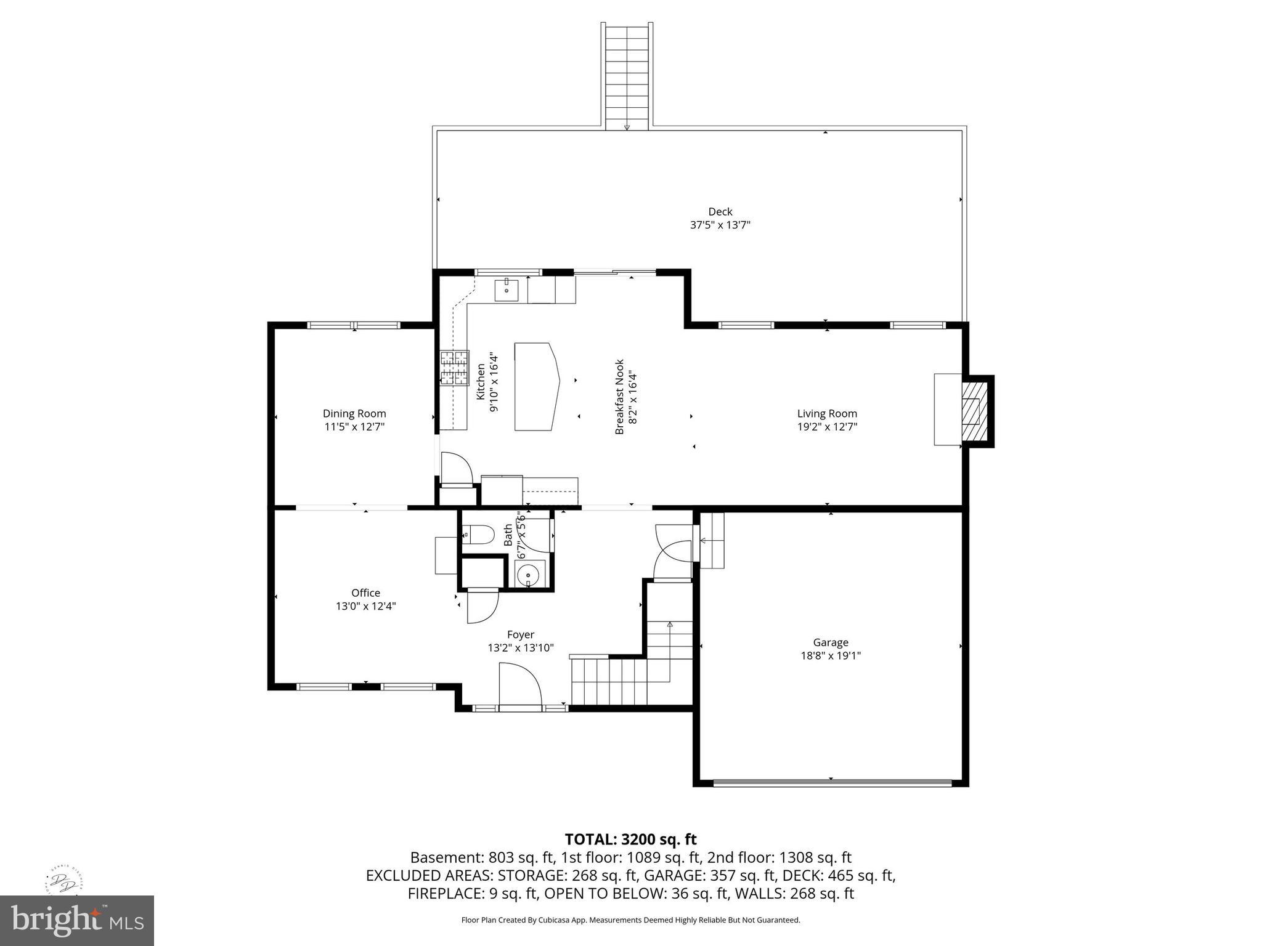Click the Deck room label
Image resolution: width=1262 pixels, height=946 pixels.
720,212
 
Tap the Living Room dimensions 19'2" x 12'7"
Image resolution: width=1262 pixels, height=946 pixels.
827,426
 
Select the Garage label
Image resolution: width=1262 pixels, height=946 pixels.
830,642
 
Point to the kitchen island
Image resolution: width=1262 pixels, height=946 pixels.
536,387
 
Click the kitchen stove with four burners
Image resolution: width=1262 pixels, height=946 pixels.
454,368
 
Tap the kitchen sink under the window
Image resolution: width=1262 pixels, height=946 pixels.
507,289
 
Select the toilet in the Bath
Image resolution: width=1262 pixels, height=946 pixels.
478,535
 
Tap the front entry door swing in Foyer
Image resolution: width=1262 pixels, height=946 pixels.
519,685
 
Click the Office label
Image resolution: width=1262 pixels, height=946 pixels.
365,593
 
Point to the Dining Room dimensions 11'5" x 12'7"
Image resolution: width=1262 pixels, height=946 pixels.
354,426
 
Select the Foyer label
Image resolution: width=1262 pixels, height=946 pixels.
520,634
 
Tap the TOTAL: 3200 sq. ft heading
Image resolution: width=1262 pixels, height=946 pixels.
630,839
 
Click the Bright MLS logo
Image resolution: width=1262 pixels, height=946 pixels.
77,920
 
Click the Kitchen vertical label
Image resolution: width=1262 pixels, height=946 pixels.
481,382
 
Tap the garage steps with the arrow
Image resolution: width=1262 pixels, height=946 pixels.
711,541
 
